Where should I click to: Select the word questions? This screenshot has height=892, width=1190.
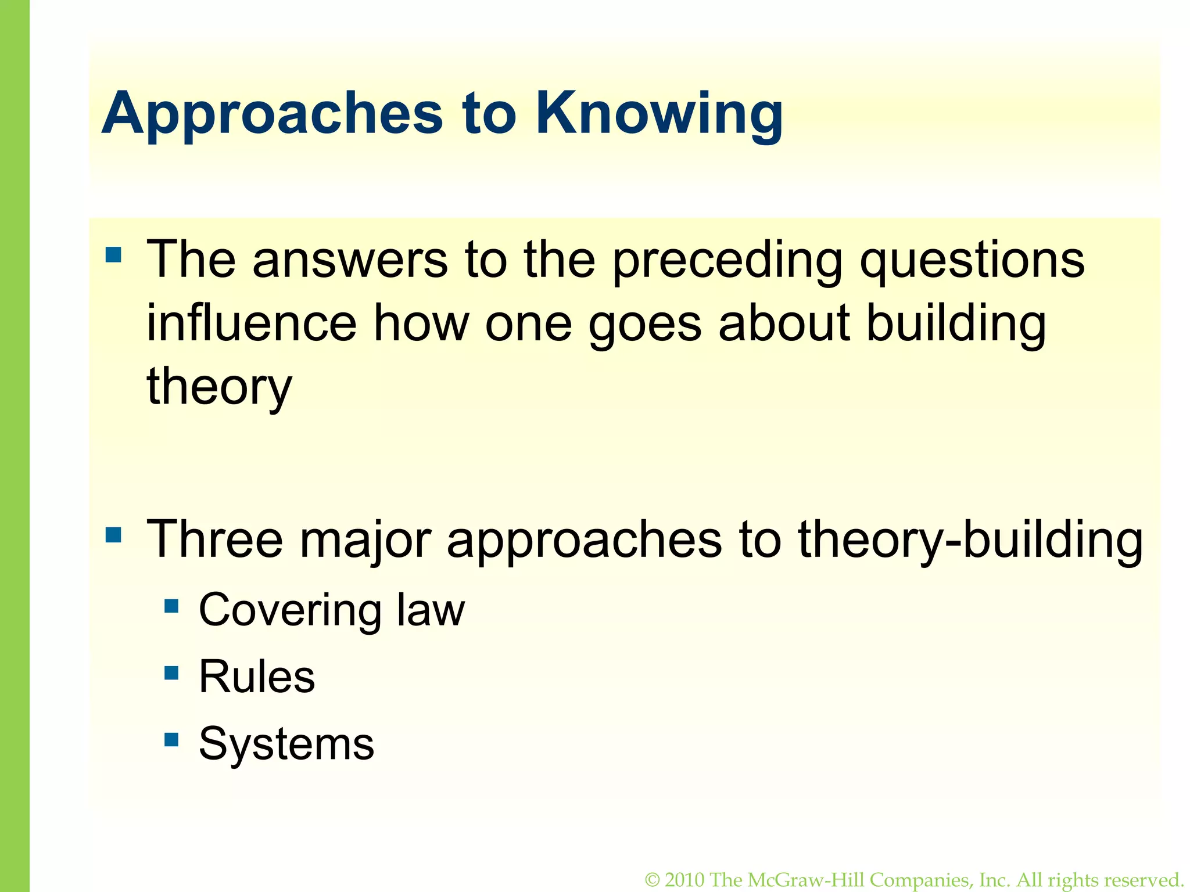point(972,261)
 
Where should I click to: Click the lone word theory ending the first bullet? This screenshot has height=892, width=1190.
point(219,387)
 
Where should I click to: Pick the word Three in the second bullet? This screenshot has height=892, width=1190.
point(215,539)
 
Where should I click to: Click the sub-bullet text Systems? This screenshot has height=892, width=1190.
point(286,743)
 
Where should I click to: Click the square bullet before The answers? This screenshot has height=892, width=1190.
point(113,255)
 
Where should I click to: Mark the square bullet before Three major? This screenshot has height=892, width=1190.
point(113,534)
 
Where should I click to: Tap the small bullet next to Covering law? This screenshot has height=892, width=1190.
point(171,606)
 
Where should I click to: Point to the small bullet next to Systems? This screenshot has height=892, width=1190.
point(171,739)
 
